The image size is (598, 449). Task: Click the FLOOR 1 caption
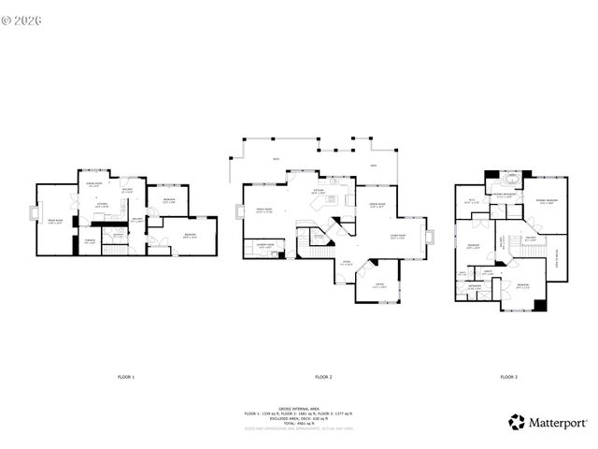tap(126, 376)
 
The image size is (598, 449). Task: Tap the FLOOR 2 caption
tap(323, 376)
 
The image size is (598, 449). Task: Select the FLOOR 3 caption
tap(507, 376)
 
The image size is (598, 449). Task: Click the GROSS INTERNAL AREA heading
tap(298, 408)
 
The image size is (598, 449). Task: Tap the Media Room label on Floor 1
tap(55, 221)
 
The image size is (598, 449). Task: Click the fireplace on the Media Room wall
tap(39, 212)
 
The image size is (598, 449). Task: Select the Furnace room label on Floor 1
tap(90, 241)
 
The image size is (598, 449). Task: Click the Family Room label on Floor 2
tap(263, 210)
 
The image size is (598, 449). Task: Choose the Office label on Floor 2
tap(378, 285)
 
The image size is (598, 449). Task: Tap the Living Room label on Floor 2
tap(397, 237)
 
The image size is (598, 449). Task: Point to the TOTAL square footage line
tap(298, 422)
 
